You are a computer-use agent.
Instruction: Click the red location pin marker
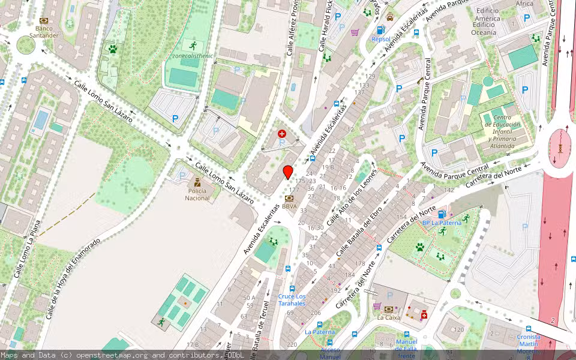coord(288,172)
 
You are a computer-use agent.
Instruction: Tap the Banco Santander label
coord(44,32)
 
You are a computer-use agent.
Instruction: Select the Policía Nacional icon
coord(197,182)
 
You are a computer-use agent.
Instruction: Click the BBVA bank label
coord(289,206)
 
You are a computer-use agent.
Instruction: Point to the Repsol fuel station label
coord(380,39)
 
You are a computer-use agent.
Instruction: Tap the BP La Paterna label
coord(442,223)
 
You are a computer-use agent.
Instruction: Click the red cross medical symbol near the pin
coord(282,134)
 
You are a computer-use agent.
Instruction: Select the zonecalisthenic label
coord(192,56)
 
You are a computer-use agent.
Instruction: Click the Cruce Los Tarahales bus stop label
coord(292,299)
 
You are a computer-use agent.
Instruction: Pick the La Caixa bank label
coord(388,317)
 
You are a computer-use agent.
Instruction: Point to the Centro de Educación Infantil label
coord(502,132)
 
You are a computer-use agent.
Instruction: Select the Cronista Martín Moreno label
coord(528,340)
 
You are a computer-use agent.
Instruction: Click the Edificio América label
coord(487,18)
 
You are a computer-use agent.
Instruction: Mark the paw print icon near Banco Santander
coord(112,49)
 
